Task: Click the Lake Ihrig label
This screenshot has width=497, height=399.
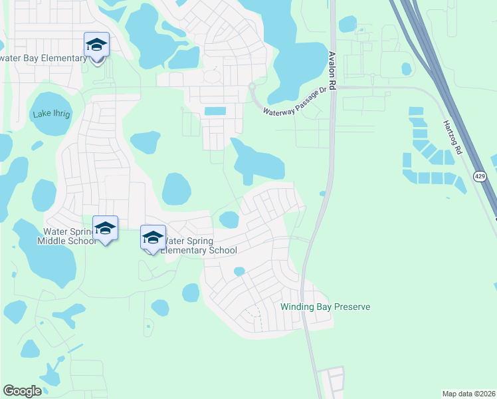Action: coord(51,114)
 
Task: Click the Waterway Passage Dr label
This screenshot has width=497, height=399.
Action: coord(296,103)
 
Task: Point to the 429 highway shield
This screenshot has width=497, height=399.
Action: coord(480,176)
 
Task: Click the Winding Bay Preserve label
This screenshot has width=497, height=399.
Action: coord(325,307)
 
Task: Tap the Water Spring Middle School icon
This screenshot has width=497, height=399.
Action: coord(105,229)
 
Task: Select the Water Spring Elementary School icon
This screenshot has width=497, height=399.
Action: coord(153,238)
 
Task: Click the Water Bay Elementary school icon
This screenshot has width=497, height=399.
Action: coord(96,46)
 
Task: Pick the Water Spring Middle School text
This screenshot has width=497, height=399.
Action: coord(70,236)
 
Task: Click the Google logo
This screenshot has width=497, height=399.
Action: coord(22,390)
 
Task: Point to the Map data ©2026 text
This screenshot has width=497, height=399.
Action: coord(468,394)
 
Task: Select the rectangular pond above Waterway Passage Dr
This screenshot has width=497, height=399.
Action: coord(215,111)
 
